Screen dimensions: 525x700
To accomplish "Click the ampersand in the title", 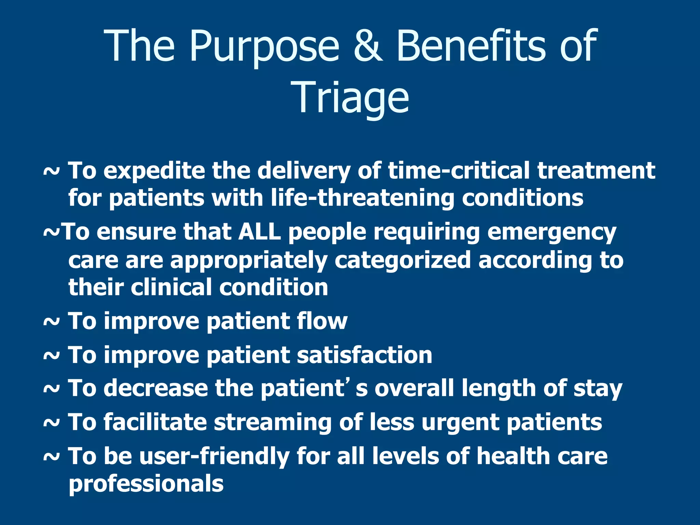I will [367, 46].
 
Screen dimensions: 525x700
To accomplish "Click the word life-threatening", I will [362, 198].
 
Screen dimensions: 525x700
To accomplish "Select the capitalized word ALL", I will [260, 232].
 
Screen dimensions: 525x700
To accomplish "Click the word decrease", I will [156, 388].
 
